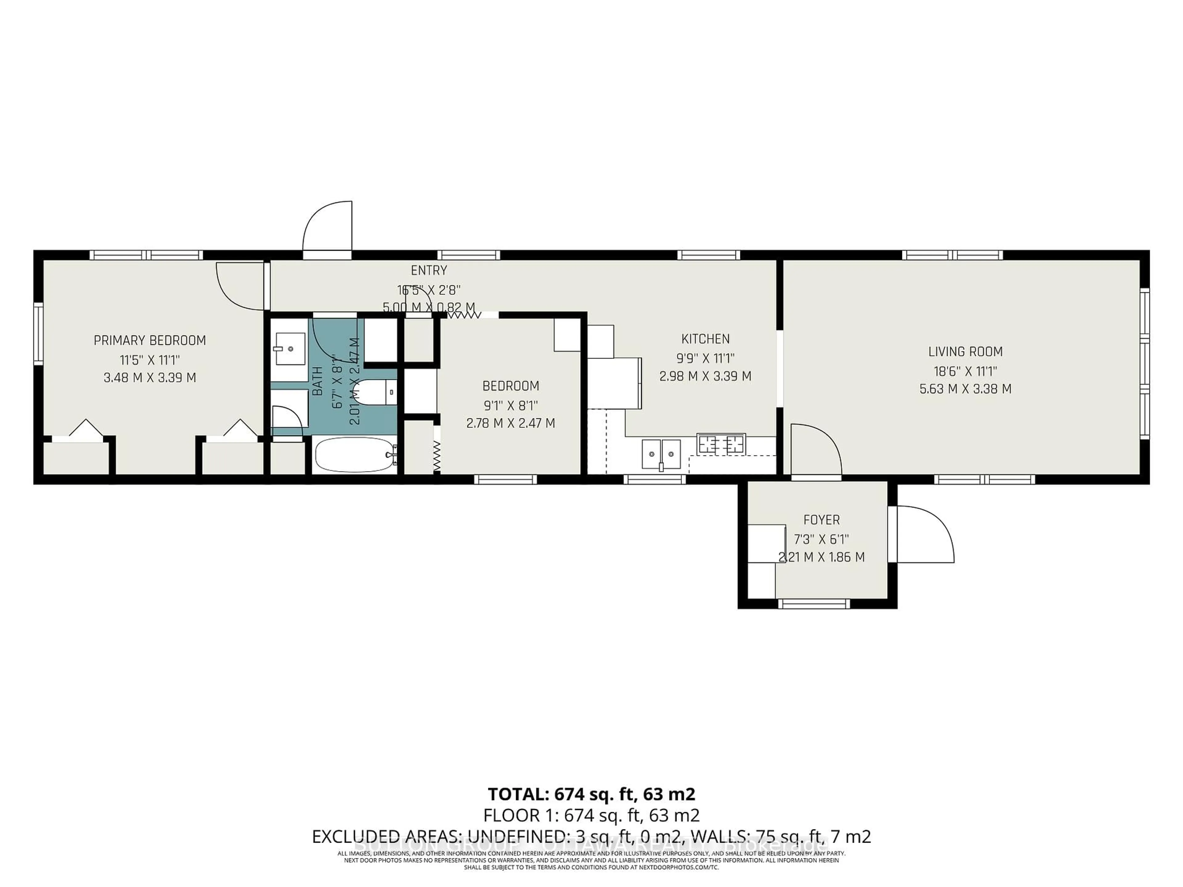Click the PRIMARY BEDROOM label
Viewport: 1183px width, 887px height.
[150, 341]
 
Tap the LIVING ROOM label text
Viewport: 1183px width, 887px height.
[965, 352]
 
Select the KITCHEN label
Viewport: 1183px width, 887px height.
[705, 339]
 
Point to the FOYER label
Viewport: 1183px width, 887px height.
[821, 520]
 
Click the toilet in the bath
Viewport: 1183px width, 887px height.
[374, 392]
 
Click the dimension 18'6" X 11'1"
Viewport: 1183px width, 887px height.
[965, 371]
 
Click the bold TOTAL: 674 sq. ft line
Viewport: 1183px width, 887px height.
[591, 794]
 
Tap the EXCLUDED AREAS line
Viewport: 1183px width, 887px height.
[591, 836]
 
